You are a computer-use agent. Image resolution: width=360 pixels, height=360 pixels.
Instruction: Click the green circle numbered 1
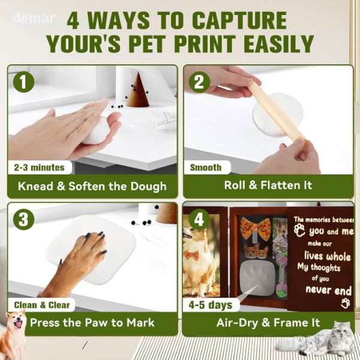(23, 82)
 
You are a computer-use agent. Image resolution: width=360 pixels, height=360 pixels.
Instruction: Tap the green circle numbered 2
(199, 82)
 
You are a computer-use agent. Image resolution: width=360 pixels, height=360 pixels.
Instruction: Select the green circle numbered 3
(23, 219)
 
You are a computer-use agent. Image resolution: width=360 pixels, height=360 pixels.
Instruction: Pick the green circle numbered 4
(199, 219)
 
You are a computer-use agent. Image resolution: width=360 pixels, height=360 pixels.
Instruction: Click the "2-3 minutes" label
(39, 167)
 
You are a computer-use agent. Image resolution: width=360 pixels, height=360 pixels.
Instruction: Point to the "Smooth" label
(206, 167)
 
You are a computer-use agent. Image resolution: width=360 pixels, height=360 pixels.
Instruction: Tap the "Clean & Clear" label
(42, 305)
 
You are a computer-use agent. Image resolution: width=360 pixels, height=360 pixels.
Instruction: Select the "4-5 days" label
(211, 305)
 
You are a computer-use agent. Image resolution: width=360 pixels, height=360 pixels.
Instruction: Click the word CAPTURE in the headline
(239, 20)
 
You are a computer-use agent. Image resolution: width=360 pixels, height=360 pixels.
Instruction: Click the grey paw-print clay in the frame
(257, 277)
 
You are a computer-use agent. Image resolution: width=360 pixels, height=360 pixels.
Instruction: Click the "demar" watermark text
(34, 18)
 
